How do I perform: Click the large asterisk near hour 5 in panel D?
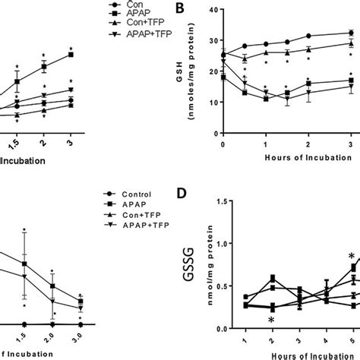tap(352, 257)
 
